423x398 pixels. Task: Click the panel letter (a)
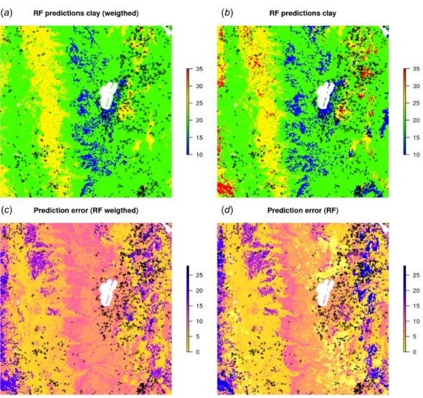6,13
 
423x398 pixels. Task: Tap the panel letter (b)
227,13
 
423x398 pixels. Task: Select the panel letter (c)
6,210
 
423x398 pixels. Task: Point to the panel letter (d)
227,210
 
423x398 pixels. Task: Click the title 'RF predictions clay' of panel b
303,13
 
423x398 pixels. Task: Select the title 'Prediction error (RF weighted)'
86,210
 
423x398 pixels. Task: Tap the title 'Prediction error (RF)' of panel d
303,210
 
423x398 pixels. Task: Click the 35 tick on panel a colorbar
199,69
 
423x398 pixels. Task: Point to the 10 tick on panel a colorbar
199,155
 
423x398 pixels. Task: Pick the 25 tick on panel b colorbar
417,103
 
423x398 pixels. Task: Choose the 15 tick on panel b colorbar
417,138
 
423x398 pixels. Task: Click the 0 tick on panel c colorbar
198,352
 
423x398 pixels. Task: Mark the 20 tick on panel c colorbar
199,290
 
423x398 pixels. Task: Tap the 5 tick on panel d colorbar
414,336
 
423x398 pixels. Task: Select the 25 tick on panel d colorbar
417,275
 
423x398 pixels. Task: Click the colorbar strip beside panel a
188,112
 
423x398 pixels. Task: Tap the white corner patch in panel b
385,30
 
